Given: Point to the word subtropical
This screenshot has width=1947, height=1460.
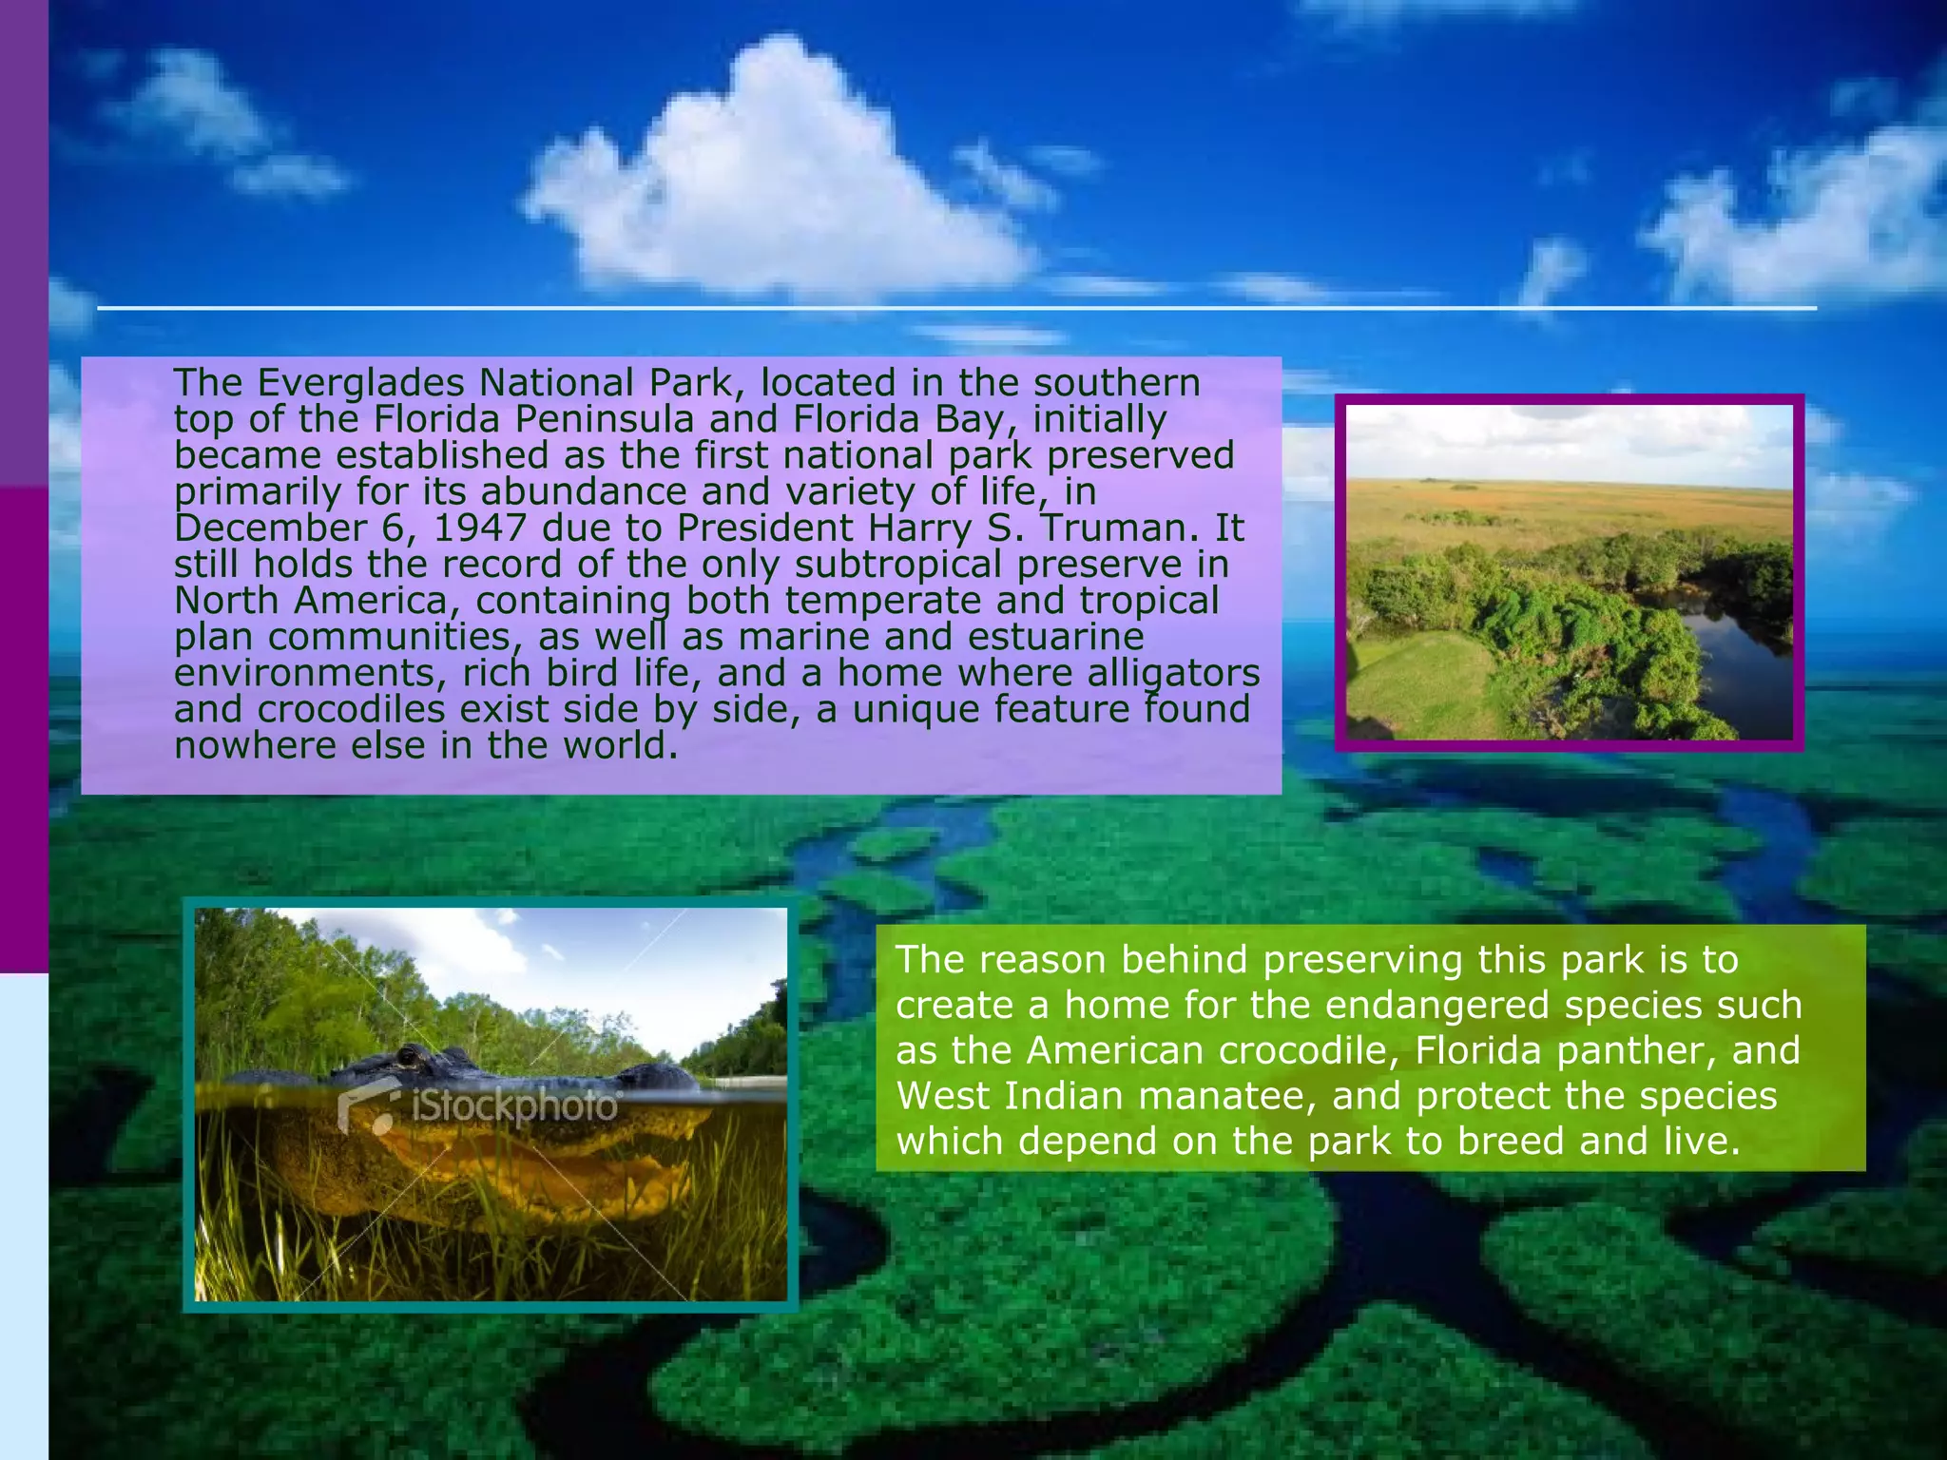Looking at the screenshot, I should [x=898, y=564].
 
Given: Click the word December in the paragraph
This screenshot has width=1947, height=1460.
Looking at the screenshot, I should [x=270, y=528].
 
